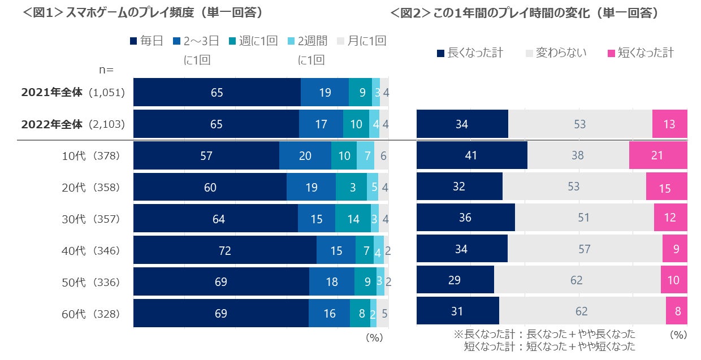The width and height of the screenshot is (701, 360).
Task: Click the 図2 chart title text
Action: click(524, 12)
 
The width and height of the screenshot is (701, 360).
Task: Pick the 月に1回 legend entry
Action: click(361, 41)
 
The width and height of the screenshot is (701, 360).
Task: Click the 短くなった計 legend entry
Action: click(640, 53)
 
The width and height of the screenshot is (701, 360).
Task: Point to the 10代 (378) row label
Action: click(90, 155)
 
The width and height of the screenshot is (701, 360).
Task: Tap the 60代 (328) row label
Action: click(90, 314)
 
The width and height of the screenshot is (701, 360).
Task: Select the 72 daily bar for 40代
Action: click(224, 250)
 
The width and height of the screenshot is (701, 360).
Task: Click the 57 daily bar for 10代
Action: click(206, 155)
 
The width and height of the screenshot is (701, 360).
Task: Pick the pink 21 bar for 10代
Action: click(657, 155)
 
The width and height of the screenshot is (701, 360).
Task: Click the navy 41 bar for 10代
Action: click(471, 155)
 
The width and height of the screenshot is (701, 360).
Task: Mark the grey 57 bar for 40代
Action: click(585, 249)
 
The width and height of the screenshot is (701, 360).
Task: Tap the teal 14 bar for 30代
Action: click(353, 219)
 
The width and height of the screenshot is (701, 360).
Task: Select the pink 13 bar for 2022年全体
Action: click(669, 124)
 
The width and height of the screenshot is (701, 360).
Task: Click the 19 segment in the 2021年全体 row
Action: click(324, 92)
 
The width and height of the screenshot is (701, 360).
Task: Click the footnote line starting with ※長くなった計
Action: click(544, 334)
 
